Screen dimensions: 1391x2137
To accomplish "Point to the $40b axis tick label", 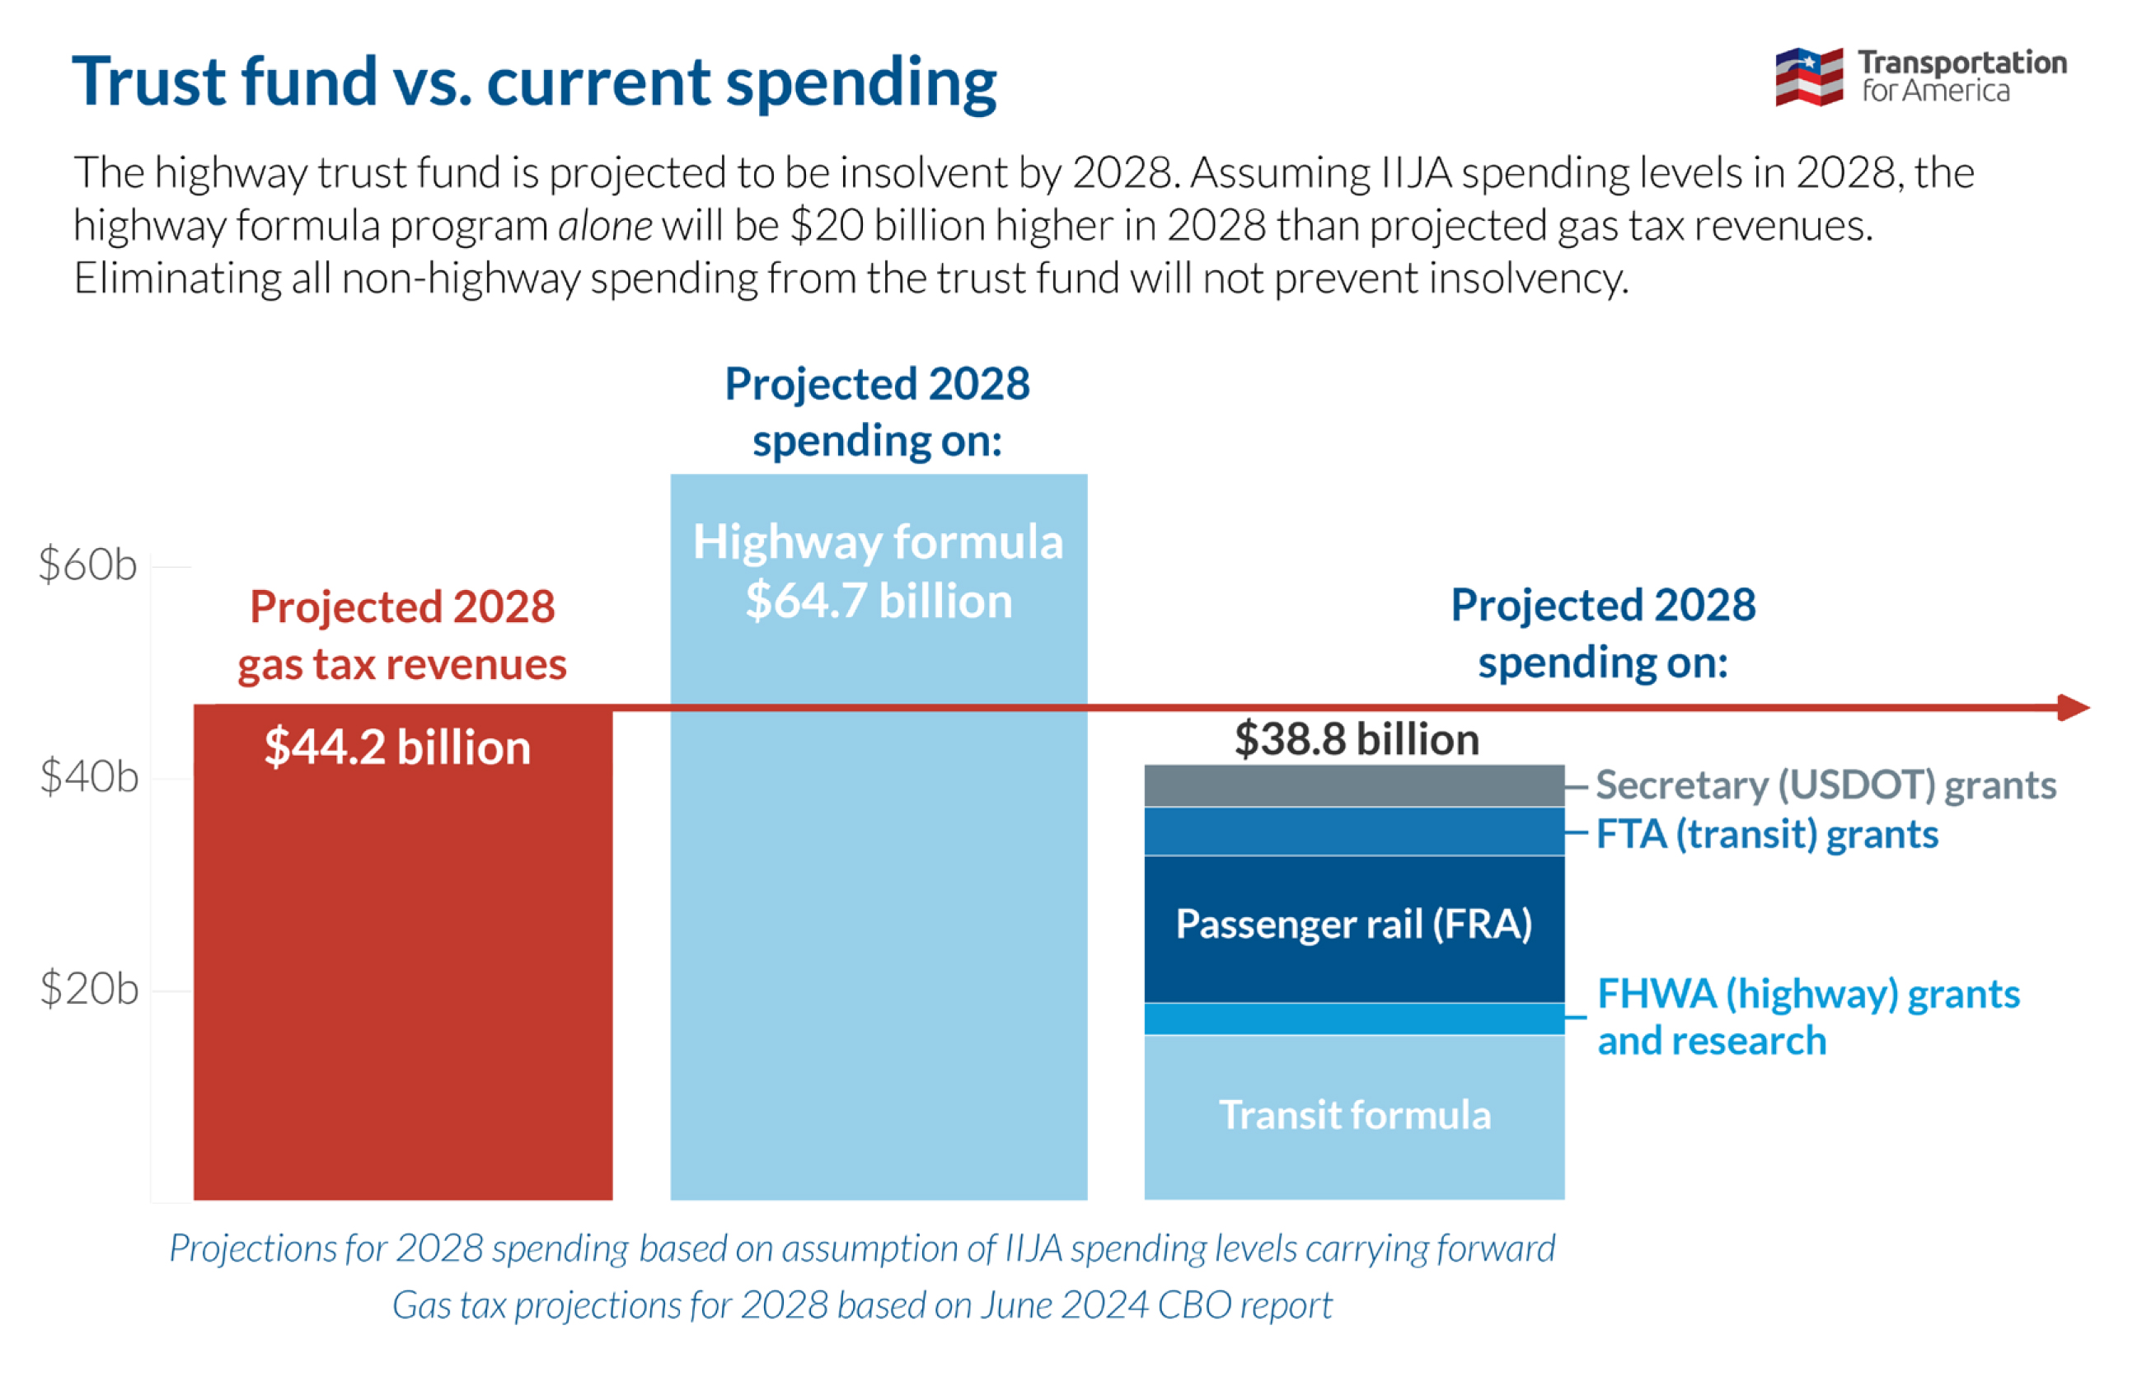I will [x=89, y=778].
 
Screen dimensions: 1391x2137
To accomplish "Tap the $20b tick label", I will [x=89, y=990].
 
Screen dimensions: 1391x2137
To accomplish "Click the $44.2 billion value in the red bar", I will [x=398, y=748].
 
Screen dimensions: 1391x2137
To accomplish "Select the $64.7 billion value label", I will [x=879, y=601].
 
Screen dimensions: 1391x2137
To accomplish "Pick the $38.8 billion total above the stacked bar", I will [x=1356, y=740].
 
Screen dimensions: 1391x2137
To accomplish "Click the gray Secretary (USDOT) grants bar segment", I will [x=1354, y=786].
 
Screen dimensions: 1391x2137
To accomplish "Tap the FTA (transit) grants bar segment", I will [x=1354, y=831].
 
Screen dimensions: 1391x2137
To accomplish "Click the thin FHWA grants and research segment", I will [x=1354, y=1019].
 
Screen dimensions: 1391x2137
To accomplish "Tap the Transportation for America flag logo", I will [x=1808, y=77].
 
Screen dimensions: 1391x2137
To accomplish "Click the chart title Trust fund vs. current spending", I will [x=534, y=82].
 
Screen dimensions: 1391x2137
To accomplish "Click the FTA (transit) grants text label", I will [x=1767, y=834].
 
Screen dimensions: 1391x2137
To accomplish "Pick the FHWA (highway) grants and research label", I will [x=1807, y=1018].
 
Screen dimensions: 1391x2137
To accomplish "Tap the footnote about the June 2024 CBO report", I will [x=862, y=1304].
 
